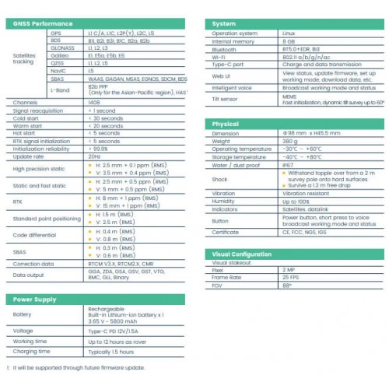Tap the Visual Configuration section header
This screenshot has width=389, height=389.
click(244, 254)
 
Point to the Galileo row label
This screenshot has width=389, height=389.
click(59, 55)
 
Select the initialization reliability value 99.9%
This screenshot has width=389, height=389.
click(97, 148)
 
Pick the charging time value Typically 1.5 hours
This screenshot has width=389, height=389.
click(114, 351)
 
